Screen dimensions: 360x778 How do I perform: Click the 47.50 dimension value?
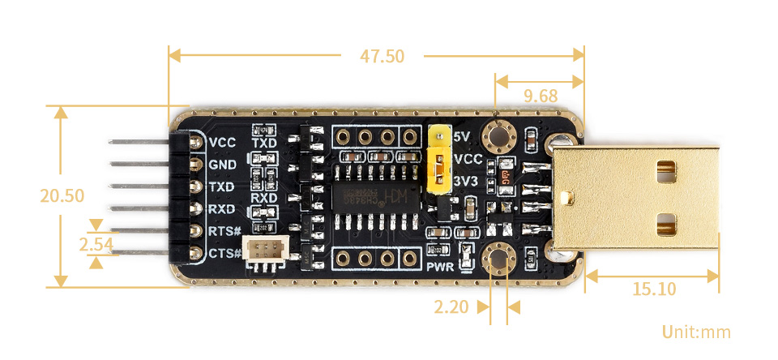point(382,56)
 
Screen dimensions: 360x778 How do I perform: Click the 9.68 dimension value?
point(540,96)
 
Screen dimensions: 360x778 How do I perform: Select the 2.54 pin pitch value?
point(95,242)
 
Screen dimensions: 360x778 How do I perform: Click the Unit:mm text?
point(695,332)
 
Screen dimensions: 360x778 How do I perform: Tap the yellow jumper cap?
point(439,160)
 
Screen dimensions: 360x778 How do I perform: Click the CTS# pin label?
point(224,253)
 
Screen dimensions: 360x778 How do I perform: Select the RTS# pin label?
point(224,231)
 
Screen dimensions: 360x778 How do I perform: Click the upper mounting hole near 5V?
point(497,135)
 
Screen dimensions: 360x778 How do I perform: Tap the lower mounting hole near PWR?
point(497,259)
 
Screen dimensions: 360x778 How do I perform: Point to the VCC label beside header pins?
point(222,143)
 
